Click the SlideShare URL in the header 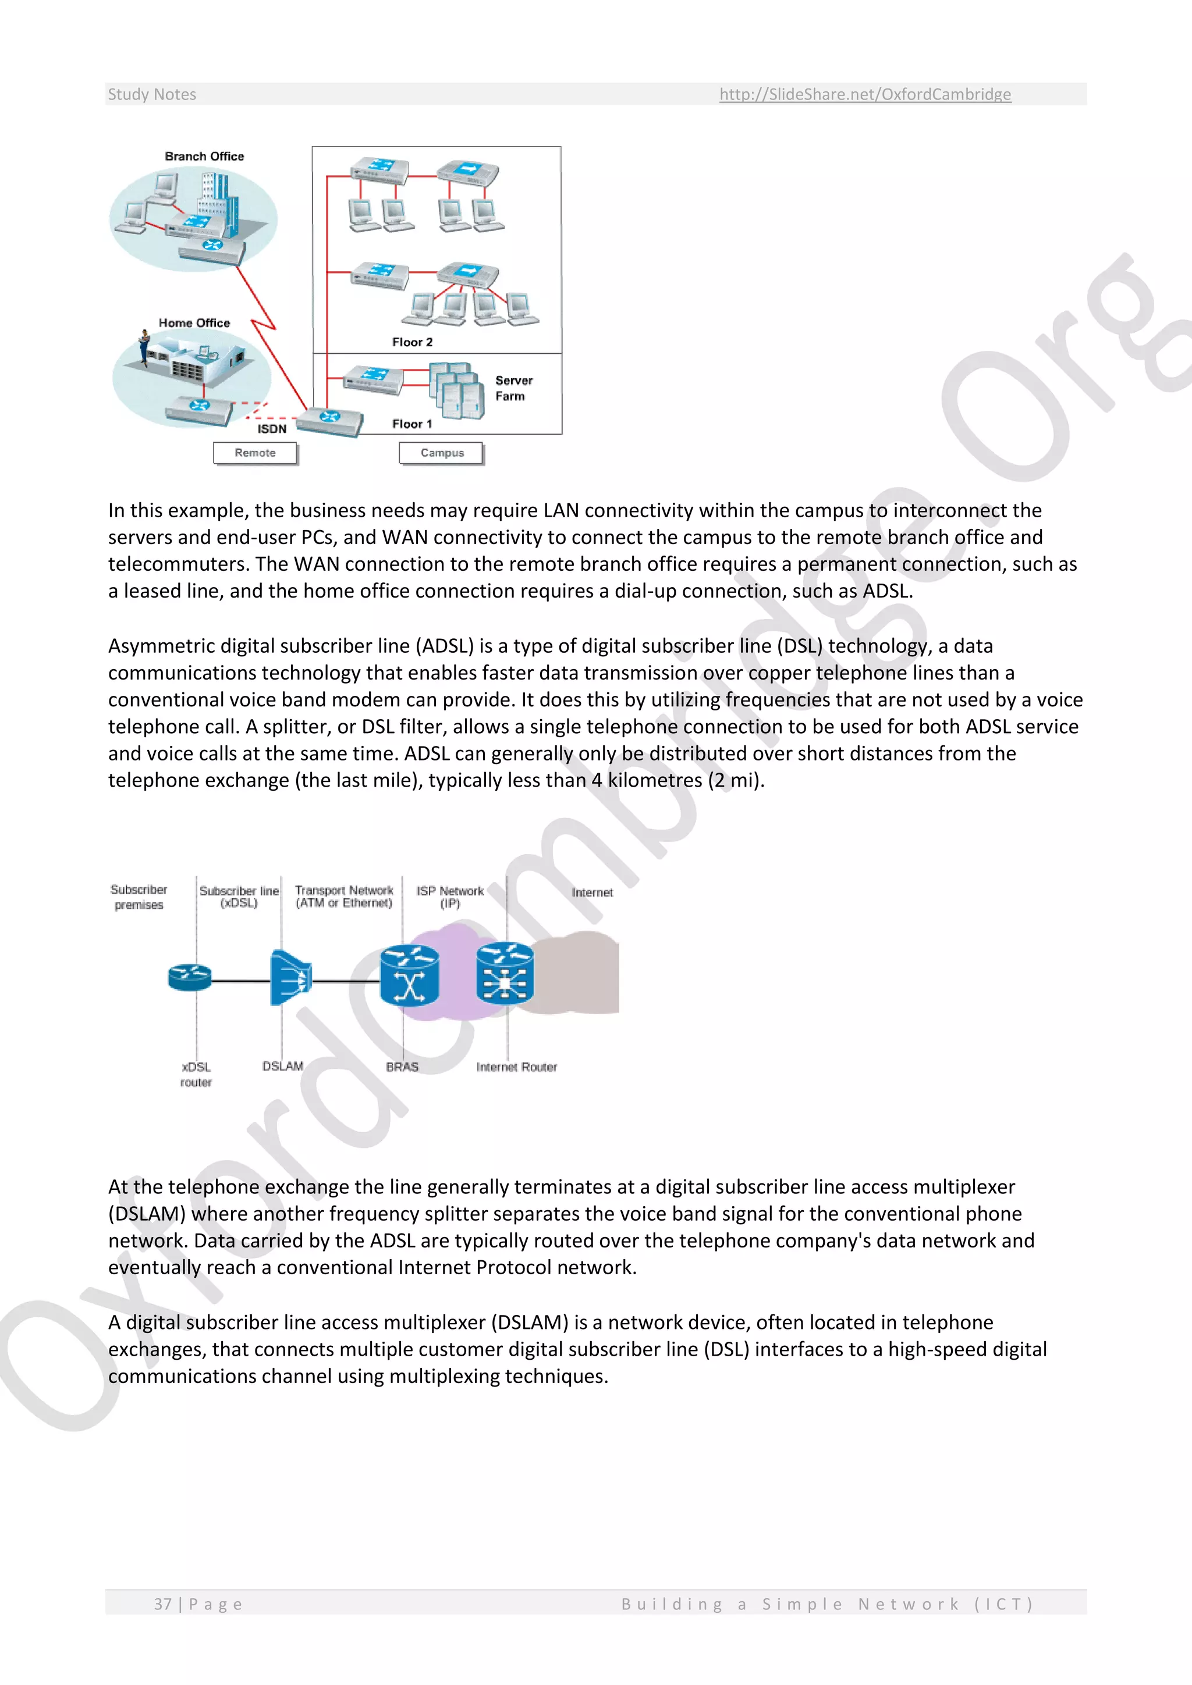865,94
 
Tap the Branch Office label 204,157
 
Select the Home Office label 194,323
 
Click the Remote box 255,453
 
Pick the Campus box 442,453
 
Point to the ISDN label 272,429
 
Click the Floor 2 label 411,342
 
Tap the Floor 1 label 411,424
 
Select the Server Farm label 514,388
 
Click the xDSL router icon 189,977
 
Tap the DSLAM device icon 290,977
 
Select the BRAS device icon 409,975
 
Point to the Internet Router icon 505,974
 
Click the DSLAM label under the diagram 283,1067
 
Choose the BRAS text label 402,1067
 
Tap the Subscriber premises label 139,897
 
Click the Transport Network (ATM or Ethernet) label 344,896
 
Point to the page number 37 162,1604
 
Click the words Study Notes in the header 152,94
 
